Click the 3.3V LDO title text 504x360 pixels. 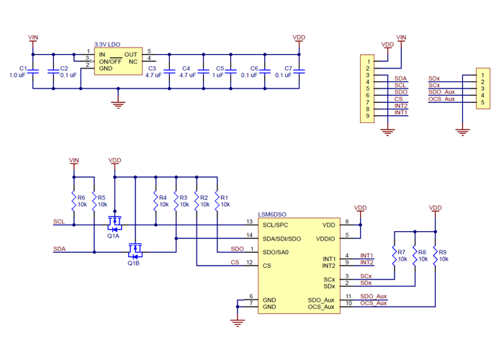[x=109, y=45]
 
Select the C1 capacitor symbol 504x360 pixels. [x=32, y=71]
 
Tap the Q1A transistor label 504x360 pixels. [x=114, y=235]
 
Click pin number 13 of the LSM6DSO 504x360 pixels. [x=249, y=222]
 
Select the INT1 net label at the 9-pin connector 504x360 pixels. [x=401, y=112]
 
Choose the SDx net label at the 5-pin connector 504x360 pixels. [x=433, y=78]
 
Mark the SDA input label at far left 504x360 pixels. [x=60, y=249]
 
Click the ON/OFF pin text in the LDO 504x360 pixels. [x=109, y=61]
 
